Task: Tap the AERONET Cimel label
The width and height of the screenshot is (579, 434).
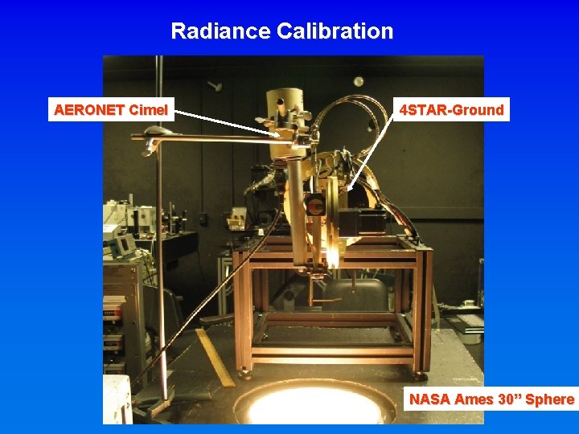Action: click(x=112, y=110)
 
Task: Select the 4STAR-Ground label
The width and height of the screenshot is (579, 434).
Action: click(x=452, y=110)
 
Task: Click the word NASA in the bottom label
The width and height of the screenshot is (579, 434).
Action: click(x=430, y=399)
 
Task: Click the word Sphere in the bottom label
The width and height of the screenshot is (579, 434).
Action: click(x=550, y=399)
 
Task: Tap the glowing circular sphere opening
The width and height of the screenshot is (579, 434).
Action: click(x=314, y=406)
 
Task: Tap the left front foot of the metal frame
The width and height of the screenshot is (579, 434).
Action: click(x=244, y=373)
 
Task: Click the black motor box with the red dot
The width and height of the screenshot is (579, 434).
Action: click(x=315, y=206)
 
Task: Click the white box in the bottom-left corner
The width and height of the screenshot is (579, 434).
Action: click(x=117, y=399)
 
